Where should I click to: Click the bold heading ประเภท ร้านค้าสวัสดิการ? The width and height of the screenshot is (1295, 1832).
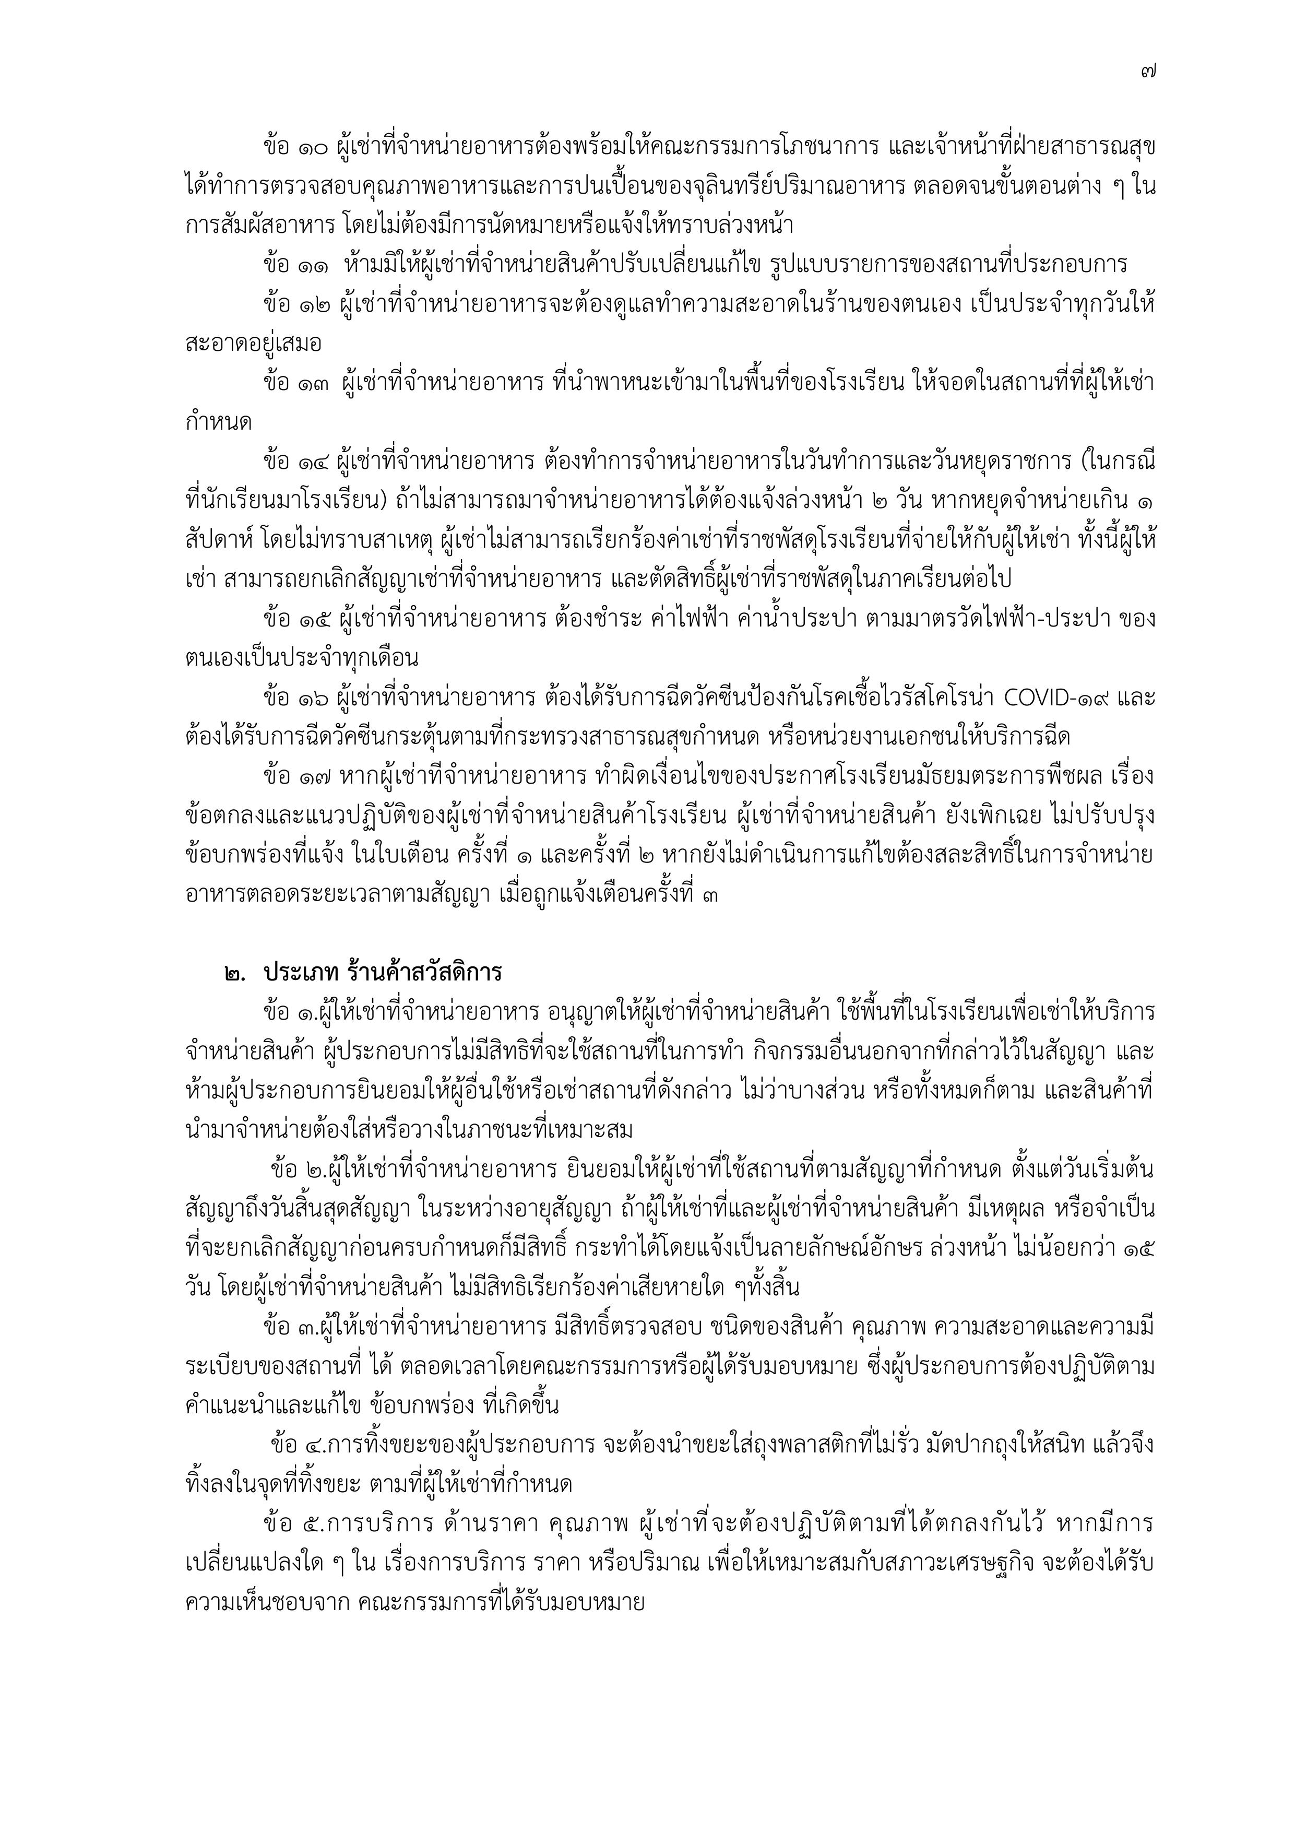[383, 973]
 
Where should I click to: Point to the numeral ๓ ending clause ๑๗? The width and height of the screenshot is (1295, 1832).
[710, 894]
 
